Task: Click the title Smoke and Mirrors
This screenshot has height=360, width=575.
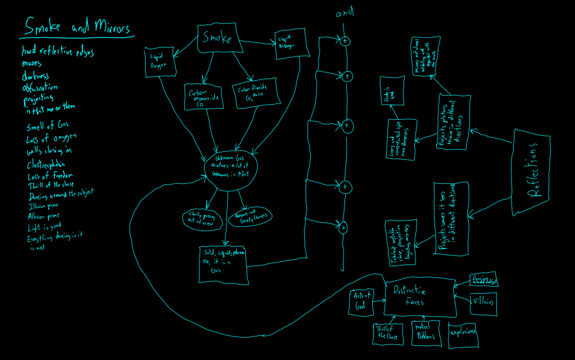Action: click(77, 28)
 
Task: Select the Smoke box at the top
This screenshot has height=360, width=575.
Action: click(218, 39)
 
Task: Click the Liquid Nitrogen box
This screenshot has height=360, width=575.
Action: click(292, 43)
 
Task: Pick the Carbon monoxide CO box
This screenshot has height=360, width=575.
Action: click(203, 96)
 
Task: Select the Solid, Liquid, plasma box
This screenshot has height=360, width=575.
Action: click(224, 263)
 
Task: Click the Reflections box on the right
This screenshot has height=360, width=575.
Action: click(532, 172)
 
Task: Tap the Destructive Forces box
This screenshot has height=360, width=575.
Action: click(419, 296)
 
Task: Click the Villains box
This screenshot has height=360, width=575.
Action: click(483, 303)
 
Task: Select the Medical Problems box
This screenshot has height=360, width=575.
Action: click(427, 332)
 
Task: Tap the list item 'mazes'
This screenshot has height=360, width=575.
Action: click(31, 64)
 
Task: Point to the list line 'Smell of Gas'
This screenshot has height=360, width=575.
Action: click(48, 125)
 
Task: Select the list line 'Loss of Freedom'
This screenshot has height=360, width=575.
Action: click(50, 175)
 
